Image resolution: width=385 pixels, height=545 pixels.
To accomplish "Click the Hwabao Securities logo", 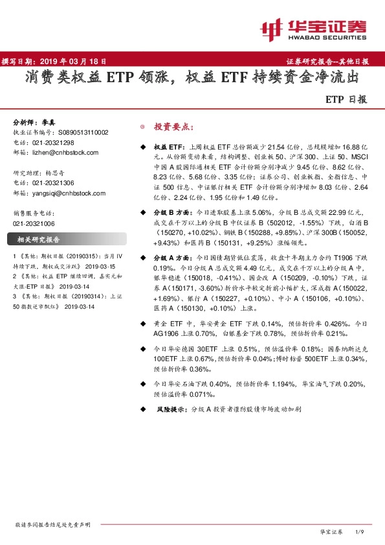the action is (x=313, y=29).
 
